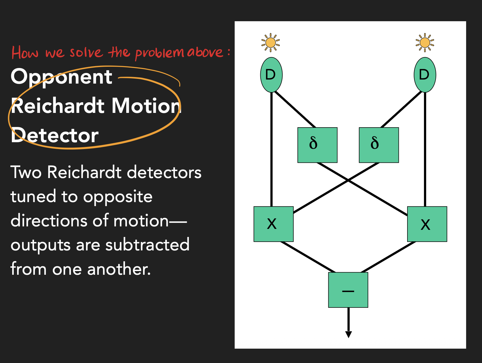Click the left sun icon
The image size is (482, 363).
coord(271,43)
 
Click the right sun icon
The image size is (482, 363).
coord(425,43)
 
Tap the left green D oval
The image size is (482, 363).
coord(272,75)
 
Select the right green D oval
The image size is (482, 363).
coord(425,75)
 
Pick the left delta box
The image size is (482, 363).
coord(317,145)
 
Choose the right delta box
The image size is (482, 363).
coord(379,145)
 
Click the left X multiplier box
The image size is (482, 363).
coord(273,224)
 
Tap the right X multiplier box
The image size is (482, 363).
coord(427,224)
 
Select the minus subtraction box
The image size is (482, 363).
coord(348,290)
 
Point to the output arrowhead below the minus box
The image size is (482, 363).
coord(349,334)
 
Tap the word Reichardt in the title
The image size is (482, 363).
coord(58,106)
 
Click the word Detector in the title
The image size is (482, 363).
coord(55,135)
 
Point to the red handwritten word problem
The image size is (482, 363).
coord(160,53)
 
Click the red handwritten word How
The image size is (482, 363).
coord(25,53)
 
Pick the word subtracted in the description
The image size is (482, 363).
coord(147,244)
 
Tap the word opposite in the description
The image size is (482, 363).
coord(118,197)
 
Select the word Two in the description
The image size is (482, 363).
coord(26,172)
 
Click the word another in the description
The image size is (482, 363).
coord(119,269)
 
